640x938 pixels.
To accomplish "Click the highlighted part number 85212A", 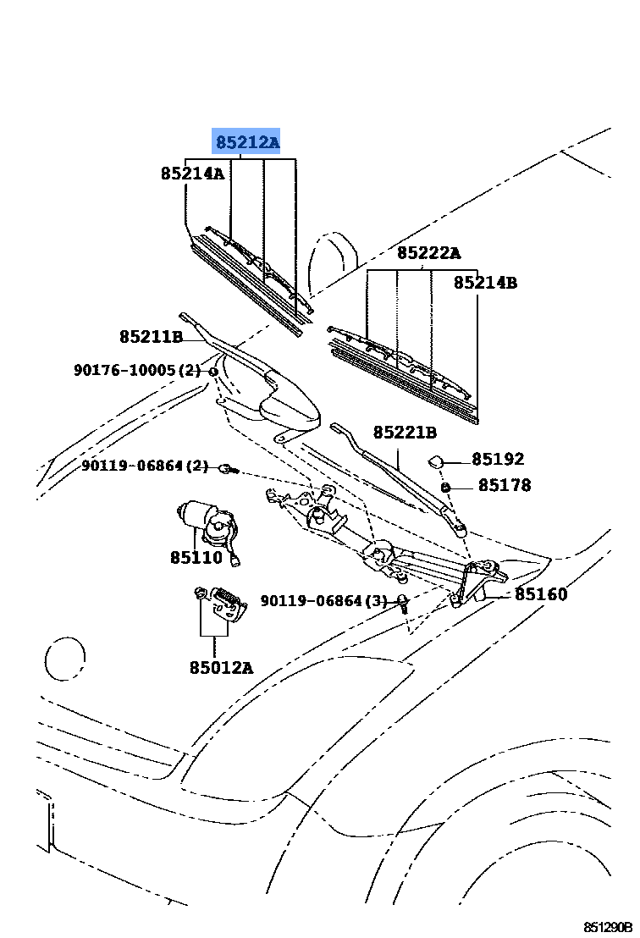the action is click(247, 142).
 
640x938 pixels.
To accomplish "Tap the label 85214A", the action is click(192, 174).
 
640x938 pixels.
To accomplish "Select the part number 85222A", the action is click(429, 253).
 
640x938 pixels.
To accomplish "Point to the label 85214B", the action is click(485, 282).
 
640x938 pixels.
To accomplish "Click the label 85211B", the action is click(151, 337).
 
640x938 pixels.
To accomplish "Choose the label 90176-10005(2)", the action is click(138, 370).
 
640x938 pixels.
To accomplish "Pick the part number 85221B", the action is click(405, 432).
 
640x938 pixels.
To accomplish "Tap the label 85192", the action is click(498, 459).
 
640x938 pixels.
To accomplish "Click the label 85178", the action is click(505, 485).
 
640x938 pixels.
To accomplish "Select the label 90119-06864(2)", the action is click(145, 466).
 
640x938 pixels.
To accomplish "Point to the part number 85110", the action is click(196, 558).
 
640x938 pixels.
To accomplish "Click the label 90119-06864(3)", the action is click(323, 600).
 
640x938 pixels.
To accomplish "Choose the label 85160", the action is click(541, 594).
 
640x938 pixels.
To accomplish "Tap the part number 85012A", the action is click(221, 667).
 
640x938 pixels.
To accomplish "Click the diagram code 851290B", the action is click(608, 927).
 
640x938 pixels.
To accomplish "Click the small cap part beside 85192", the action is click(435, 461).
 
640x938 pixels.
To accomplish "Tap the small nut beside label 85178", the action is click(445, 488).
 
